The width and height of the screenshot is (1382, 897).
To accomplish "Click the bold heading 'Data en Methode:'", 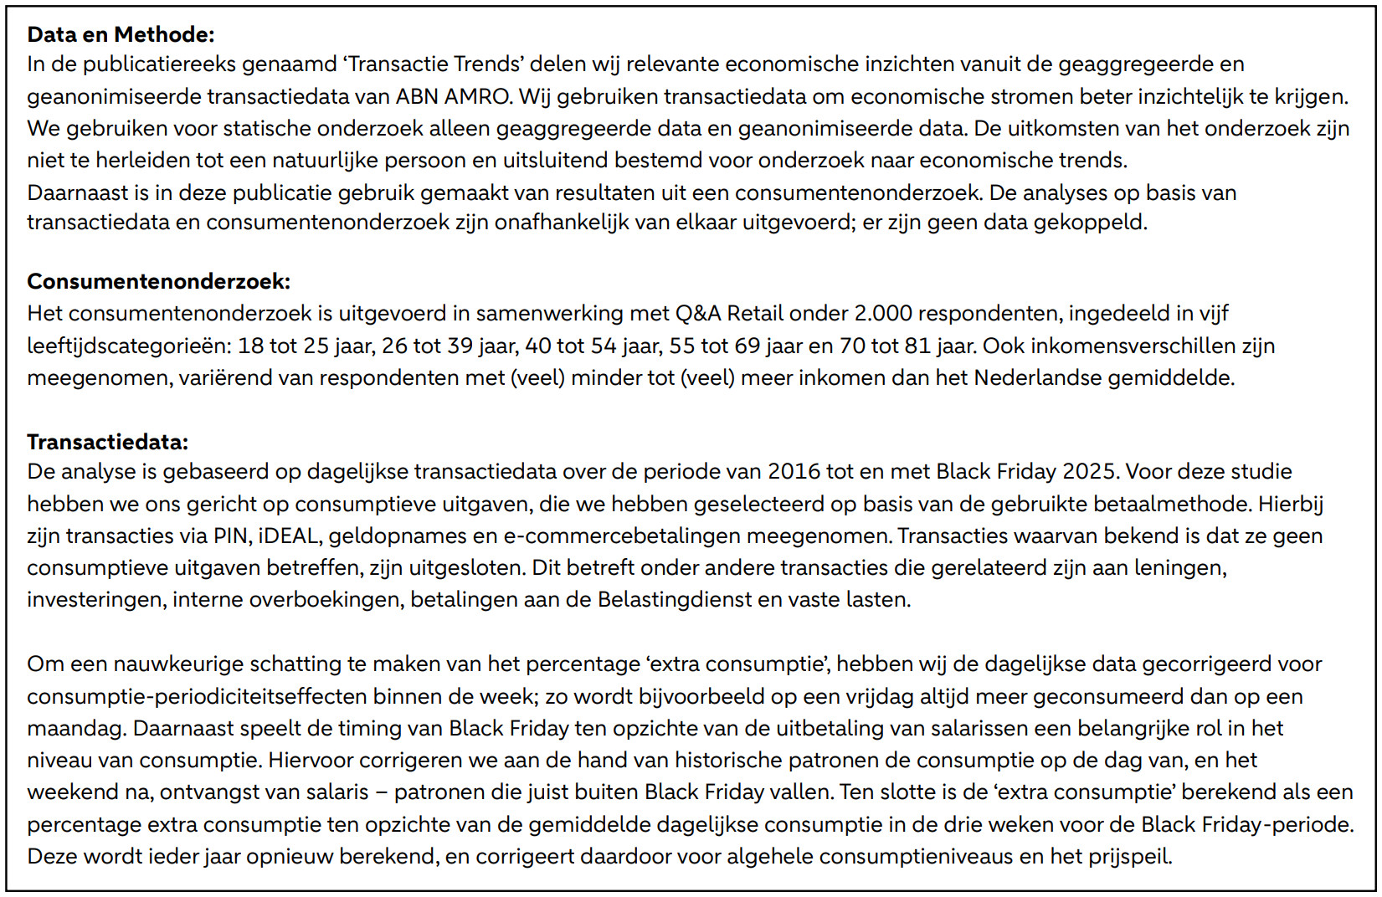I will pyautogui.click(x=121, y=34).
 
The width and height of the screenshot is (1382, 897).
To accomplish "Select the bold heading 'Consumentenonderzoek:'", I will pyautogui.click(x=158, y=281).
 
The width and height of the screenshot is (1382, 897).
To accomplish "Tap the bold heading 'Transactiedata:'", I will pyautogui.click(x=107, y=441).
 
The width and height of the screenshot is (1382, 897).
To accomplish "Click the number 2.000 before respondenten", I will pyautogui.click(x=883, y=313).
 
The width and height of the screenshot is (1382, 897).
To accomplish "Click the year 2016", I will pyautogui.click(x=794, y=471).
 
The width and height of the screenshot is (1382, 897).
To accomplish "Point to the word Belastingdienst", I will pyautogui.click(x=675, y=599).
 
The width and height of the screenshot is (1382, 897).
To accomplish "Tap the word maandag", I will pyautogui.click(x=76, y=728).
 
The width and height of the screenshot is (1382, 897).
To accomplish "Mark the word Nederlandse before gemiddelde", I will pyautogui.click(x=1037, y=377).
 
